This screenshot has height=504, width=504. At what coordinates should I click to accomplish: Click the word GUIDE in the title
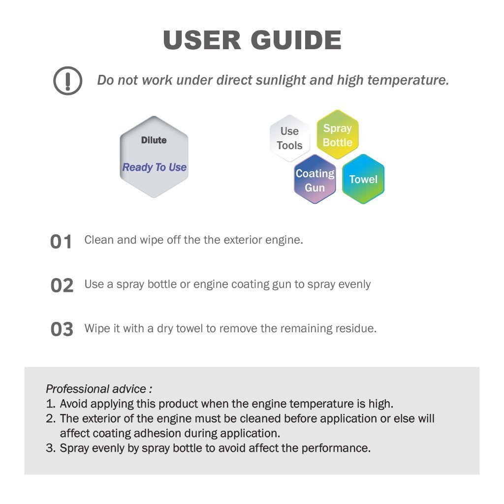296,40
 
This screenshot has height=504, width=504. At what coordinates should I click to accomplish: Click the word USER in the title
202,40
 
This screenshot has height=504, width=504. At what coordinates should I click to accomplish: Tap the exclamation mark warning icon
67,81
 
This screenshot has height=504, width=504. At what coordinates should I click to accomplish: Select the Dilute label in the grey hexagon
154,140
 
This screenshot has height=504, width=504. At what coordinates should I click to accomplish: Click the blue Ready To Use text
154,167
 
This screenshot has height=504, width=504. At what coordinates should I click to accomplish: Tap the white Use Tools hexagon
289,138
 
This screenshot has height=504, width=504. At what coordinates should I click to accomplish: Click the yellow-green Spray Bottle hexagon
338,135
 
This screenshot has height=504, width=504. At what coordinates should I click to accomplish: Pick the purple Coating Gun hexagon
315,179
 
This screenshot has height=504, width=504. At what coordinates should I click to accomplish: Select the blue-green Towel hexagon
363,179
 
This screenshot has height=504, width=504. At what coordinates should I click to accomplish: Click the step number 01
61,242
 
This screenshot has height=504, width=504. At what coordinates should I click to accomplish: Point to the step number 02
62,285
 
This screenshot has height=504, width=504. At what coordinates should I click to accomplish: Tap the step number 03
62,329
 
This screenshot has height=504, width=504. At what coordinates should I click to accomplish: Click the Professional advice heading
98,389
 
